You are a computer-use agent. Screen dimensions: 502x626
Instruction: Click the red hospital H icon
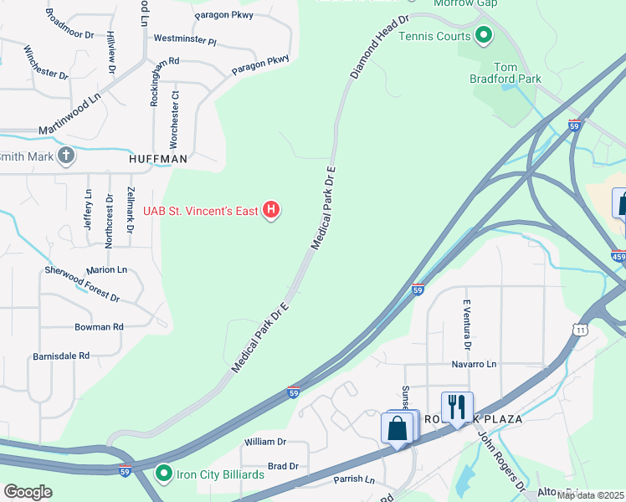click(x=271, y=210)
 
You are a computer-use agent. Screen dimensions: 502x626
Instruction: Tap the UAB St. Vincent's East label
click(x=201, y=211)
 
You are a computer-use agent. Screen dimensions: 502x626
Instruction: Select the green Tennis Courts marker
click(x=483, y=36)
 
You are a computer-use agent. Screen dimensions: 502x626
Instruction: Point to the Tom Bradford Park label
click(x=517, y=73)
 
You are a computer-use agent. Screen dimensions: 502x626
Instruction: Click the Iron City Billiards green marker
click(x=164, y=474)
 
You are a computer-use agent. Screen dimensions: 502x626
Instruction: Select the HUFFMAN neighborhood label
click(x=157, y=157)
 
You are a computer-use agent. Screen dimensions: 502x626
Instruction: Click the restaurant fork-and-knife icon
click(x=457, y=407)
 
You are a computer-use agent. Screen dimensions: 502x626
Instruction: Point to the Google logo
click(x=28, y=492)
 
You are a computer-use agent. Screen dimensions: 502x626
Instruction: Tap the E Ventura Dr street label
click(x=467, y=325)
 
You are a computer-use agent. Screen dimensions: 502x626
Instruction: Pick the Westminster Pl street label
click(x=185, y=39)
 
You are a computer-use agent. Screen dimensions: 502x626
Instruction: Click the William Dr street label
click(x=264, y=441)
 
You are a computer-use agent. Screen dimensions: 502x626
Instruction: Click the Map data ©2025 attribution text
click(x=590, y=495)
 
